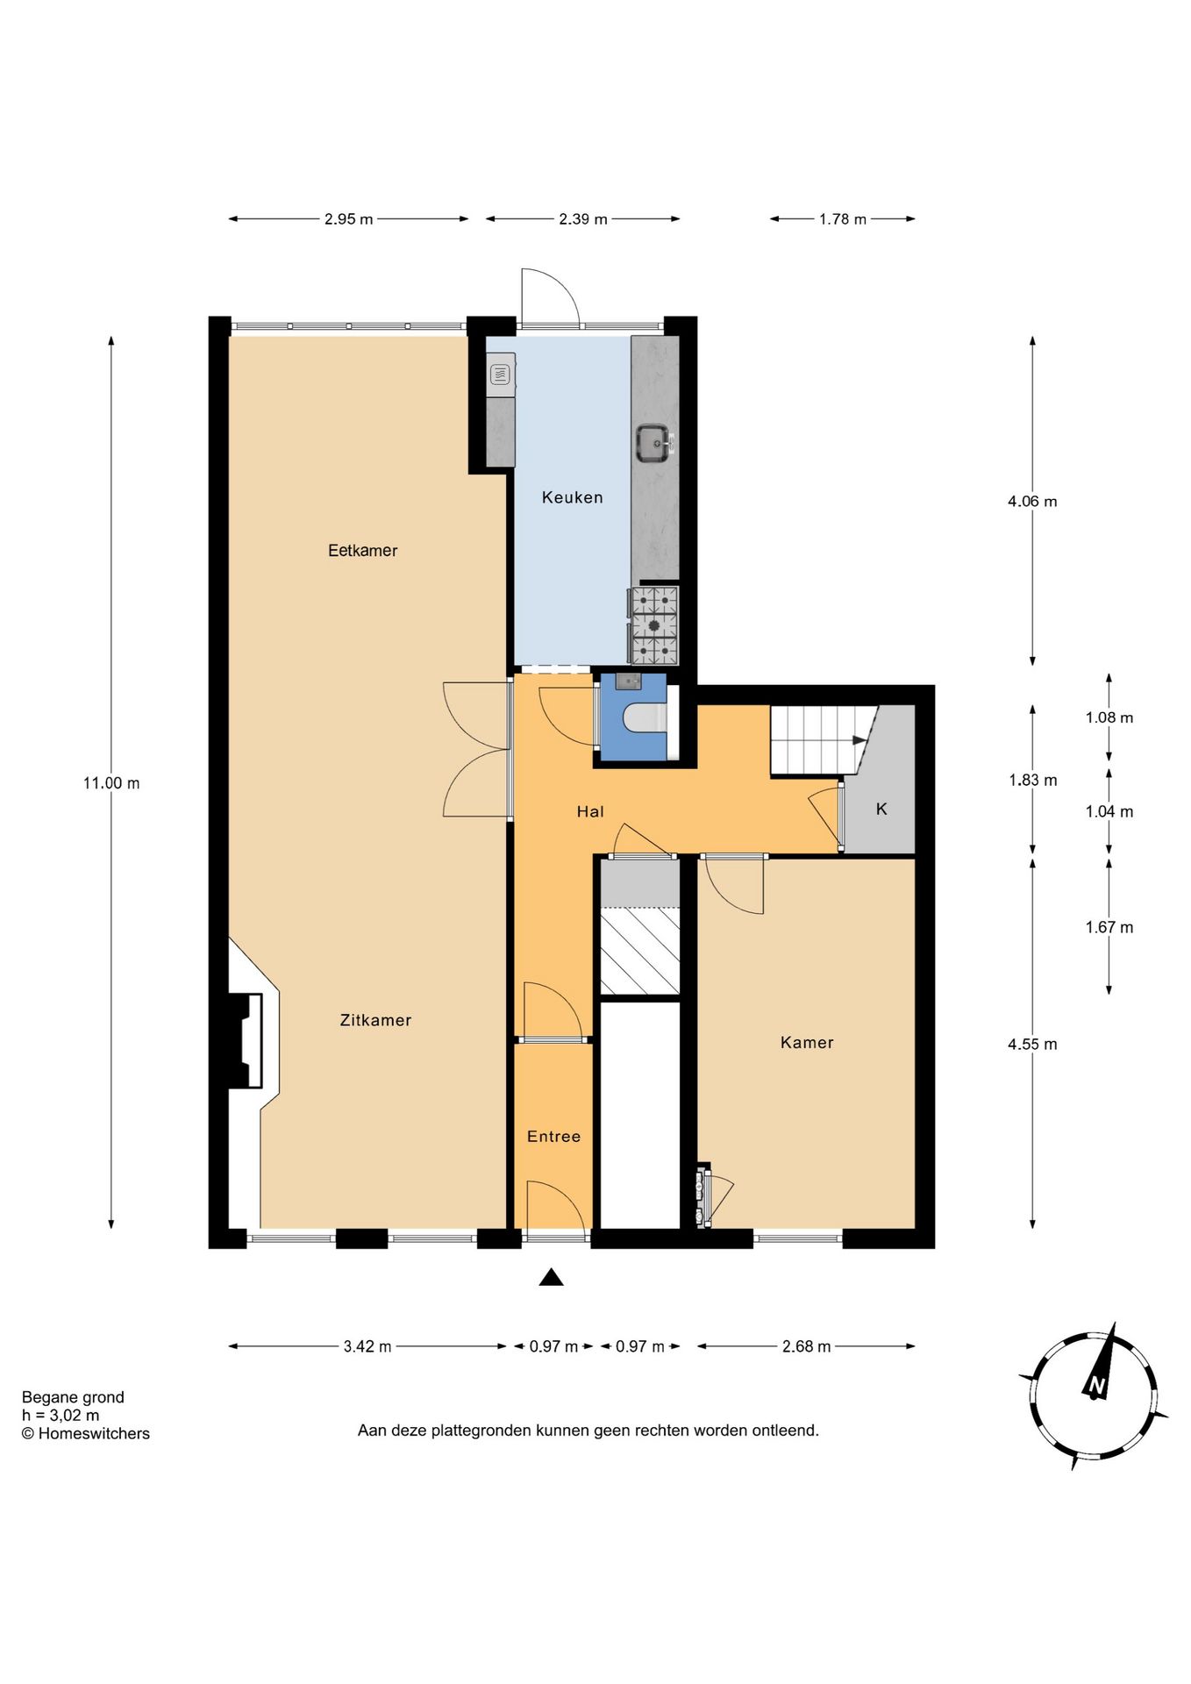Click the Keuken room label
click(572, 497)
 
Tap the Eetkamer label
click(362, 551)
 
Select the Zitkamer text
click(375, 1020)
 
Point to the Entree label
click(553, 1137)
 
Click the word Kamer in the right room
click(807, 1043)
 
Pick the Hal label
click(590, 812)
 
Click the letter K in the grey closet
click(881, 810)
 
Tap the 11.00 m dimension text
click(111, 783)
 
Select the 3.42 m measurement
click(367, 1346)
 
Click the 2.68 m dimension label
click(806, 1346)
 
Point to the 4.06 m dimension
click(1032, 502)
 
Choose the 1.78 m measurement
click(843, 219)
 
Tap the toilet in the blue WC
click(644, 718)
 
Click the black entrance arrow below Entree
click(551, 1277)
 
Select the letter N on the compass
click(1095, 1386)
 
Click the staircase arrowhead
click(860, 740)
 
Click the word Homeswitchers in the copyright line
click(94, 1434)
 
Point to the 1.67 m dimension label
click(1109, 927)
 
